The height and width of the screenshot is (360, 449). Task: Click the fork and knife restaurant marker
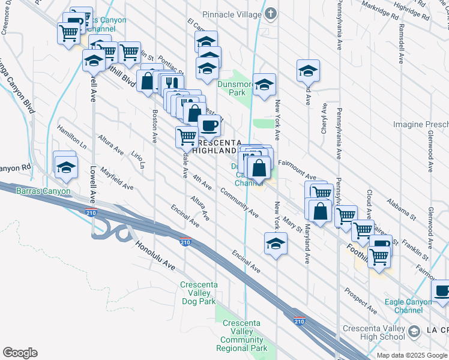tap(172, 83)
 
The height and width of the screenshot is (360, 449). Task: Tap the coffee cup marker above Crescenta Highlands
tap(209, 126)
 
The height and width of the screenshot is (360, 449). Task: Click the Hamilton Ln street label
tap(72, 137)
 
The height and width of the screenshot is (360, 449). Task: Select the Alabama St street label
tap(402, 209)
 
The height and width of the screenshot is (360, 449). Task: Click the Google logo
tap(20, 353)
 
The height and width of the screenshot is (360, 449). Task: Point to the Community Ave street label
tap(240, 202)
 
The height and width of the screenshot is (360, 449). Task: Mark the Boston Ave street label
tap(154, 125)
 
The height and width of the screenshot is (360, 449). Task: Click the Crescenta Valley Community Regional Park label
tap(244, 335)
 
